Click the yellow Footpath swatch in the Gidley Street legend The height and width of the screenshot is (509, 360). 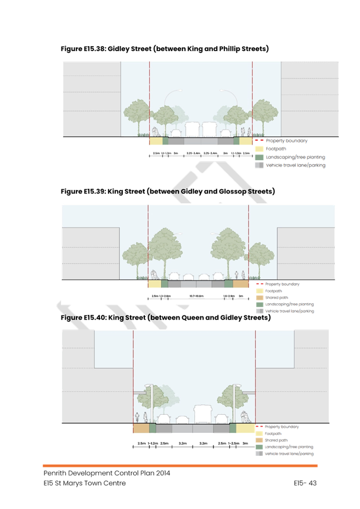pos(259,149)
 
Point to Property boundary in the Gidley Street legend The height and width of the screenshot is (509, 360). pos(286,141)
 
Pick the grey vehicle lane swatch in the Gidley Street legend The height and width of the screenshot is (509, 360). pos(259,165)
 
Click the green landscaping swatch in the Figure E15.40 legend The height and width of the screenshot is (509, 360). pos(259,447)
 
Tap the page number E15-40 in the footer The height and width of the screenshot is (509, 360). pos(305,483)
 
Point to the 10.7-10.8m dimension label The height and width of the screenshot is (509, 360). pos(196,296)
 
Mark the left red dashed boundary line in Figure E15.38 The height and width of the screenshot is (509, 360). pos(149,99)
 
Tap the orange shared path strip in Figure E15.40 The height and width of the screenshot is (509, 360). pos(141,428)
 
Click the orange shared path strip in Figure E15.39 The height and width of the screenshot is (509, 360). pos(240,284)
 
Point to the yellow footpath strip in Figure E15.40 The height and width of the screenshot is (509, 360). pos(245,428)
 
